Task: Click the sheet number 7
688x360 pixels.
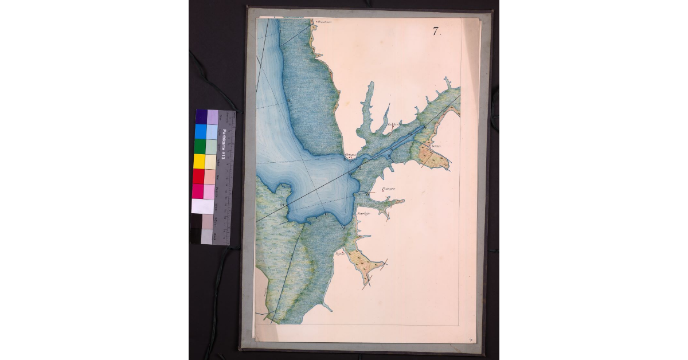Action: [436, 32]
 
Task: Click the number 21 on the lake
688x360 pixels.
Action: [283, 204]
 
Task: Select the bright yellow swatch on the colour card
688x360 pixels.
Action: [200, 162]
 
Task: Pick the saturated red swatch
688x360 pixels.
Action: [198, 177]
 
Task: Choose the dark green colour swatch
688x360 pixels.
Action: [200, 147]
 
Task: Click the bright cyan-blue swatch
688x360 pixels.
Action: [201, 132]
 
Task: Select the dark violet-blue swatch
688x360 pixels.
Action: [201, 117]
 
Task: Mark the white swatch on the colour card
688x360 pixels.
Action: [202, 206]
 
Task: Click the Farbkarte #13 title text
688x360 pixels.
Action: [224, 144]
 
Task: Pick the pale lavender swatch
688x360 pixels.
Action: [212, 117]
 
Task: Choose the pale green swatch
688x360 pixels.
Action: [211, 147]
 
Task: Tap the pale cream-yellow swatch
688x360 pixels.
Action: [210, 162]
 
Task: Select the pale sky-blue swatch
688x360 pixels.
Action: [212, 132]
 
